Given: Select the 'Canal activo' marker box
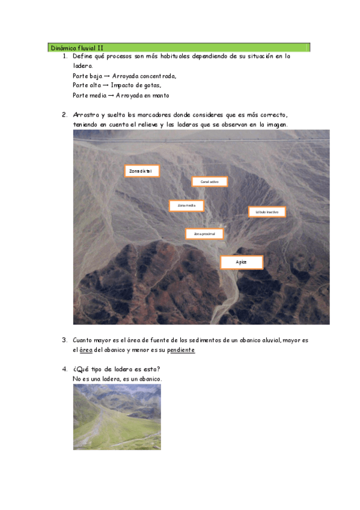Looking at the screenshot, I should pyautogui.click(x=210, y=181).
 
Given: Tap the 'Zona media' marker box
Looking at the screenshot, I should pyautogui.click(x=186, y=206).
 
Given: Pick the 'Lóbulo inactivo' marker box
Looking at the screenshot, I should pyautogui.click(x=267, y=212).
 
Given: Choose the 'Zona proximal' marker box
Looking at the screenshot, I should pyautogui.click(x=204, y=233).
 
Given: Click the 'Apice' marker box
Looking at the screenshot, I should pyautogui.click(x=241, y=262).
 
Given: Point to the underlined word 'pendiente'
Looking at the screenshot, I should pyautogui.click(x=181, y=349).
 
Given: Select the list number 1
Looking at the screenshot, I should pyautogui.click(x=64, y=57).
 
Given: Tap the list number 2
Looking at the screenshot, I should pyautogui.click(x=64, y=114).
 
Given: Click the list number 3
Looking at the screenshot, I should pyautogui.click(x=64, y=340).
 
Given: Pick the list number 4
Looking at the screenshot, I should pyautogui.click(x=64, y=369).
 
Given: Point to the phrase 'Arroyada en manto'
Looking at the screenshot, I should pyautogui.click(x=143, y=95).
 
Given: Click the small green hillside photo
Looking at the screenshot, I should pyautogui.click(x=117, y=417).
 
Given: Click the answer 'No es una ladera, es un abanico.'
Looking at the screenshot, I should pyautogui.click(x=117, y=378).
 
